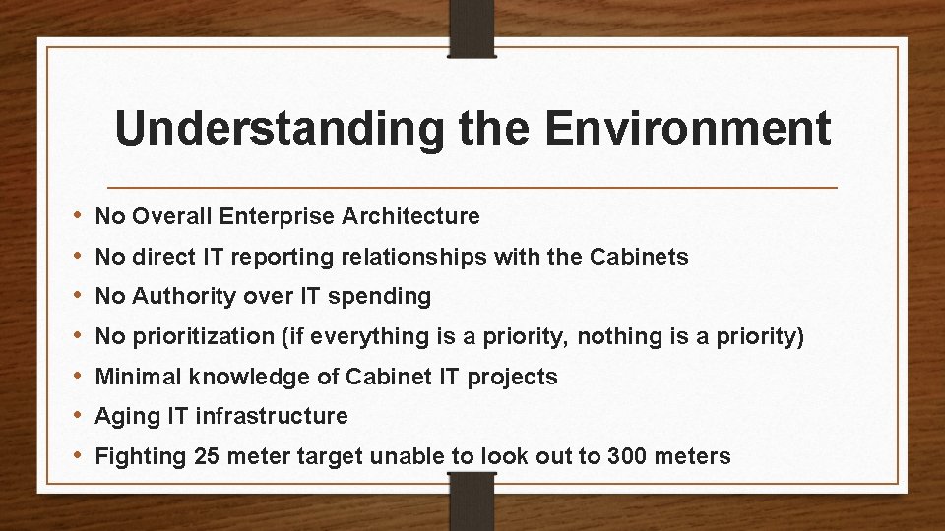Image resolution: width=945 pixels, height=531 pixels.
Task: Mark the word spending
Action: click(386, 296)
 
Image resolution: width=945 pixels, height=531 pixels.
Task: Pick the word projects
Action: click(517, 377)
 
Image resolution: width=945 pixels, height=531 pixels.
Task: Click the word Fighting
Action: click(137, 456)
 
